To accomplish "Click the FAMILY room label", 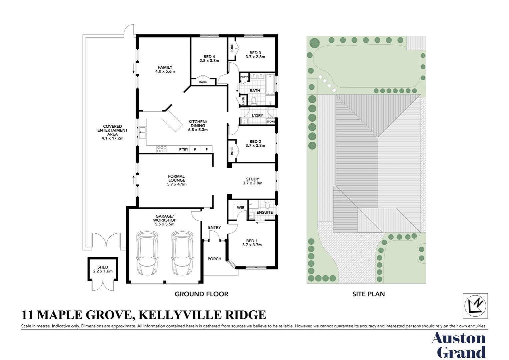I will pyautogui.click(x=165, y=67).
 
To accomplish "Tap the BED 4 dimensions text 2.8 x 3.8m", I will pyautogui.click(x=209, y=61).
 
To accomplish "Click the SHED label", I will pyautogui.click(x=103, y=267).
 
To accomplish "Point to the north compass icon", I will pyautogui.click(x=475, y=306).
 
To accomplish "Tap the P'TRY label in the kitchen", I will pyautogui.click(x=184, y=150).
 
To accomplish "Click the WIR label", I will pyautogui.click(x=241, y=208).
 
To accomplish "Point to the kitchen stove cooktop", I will pyautogui.click(x=162, y=149).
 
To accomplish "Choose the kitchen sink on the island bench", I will pyautogui.click(x=143, y=132).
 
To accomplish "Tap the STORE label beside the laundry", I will pyautogui.click(x=271, y=122).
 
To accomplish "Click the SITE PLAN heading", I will pyautogui.click(x=368, y=294).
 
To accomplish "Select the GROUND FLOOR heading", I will pyautogui.click(x=202, y=294).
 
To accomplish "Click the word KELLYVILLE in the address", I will pyautogui.click(x=179, y=315).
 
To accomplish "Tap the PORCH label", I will pyautogui.click(x=214, y=259).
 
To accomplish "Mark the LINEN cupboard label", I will pyautogui.click(x=244, y=101).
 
